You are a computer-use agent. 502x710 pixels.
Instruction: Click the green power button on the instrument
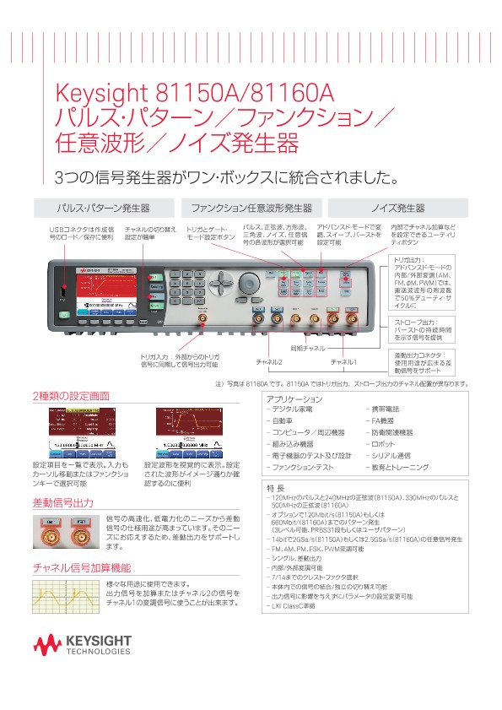point(63,314)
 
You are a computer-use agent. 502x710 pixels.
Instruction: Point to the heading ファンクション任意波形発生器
point(251,208)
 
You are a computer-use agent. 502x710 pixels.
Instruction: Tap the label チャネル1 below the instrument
point(343,362)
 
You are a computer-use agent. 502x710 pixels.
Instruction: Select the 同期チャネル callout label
point(332,348)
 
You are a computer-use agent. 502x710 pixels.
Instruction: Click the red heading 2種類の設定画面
point(71,396)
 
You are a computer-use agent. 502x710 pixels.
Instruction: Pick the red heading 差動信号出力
point(63,503)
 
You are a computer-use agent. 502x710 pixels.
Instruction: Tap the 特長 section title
point(275,487)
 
